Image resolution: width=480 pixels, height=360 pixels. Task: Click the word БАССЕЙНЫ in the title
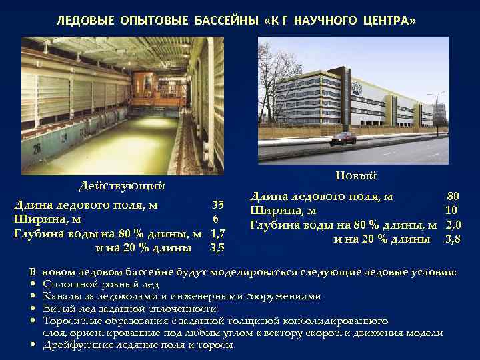point(226,21)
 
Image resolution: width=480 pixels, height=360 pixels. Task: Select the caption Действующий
point(122,185)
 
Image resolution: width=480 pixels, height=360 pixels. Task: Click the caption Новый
point(356,175)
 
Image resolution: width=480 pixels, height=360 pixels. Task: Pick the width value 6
point(215,219)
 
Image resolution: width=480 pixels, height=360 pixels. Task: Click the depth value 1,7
point(217,234)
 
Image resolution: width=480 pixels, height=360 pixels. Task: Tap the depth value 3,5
point(217,248)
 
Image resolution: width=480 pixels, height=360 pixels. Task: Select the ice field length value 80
point(453,197)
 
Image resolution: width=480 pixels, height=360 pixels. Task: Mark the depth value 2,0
point(453,225)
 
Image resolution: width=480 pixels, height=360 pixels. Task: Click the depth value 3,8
point(453,239)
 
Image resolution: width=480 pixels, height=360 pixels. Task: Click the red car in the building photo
point(343,139)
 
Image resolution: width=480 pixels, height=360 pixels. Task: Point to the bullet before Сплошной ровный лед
point(33,285)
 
